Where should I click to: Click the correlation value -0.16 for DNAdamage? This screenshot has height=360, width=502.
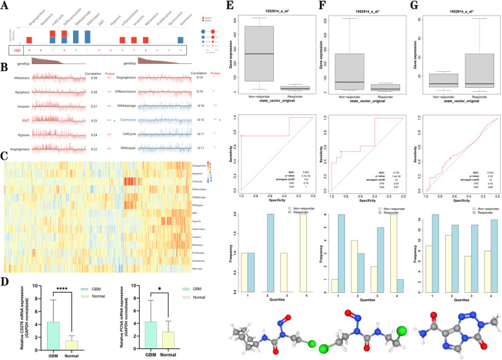click(202, 105)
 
